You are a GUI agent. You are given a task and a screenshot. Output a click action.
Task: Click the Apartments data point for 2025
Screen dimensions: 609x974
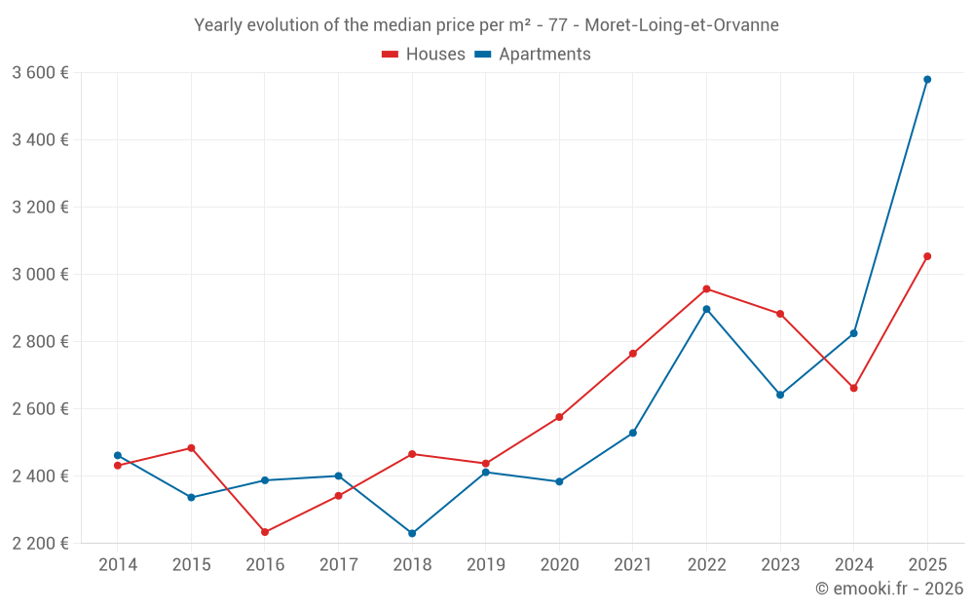click(927, 80)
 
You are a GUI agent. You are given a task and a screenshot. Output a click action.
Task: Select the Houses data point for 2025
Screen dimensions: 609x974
click(927, 256)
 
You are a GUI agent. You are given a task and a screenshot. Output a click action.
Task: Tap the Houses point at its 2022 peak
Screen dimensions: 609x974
click(706, 288)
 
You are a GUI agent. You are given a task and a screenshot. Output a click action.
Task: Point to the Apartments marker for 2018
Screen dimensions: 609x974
click(412, 533)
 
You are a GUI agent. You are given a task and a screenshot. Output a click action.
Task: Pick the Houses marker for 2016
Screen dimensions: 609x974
click(265, 532)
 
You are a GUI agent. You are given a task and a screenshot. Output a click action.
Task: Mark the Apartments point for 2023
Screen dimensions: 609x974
click(780, 395)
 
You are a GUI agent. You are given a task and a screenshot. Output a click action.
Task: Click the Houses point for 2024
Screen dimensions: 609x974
click(854, 388)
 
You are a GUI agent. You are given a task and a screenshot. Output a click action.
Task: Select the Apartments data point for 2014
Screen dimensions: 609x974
click(118, 455)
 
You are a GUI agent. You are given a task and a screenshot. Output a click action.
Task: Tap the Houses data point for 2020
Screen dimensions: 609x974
click(559, 417)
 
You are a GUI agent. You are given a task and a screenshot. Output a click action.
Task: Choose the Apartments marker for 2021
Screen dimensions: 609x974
click(633, 433)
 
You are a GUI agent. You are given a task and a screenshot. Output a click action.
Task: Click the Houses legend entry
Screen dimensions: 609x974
click(424, 55)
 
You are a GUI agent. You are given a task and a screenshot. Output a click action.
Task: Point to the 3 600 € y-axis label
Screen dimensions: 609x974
click(40, 72)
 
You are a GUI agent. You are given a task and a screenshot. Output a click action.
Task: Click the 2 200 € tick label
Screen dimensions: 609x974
click(40, 543)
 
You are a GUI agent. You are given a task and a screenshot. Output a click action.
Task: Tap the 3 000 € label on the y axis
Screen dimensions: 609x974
click(40, 274)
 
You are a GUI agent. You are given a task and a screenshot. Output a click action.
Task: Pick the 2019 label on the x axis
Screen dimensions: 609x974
click(485, 565)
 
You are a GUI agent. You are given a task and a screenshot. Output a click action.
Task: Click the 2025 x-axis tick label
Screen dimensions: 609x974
click(927, 565)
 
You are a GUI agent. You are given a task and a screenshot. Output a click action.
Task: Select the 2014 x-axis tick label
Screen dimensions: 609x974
click(118, 565)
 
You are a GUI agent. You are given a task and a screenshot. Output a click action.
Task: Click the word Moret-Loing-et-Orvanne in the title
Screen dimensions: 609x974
click(682, 25)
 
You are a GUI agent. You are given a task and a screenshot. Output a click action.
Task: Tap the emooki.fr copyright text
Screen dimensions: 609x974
click(889, 589)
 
